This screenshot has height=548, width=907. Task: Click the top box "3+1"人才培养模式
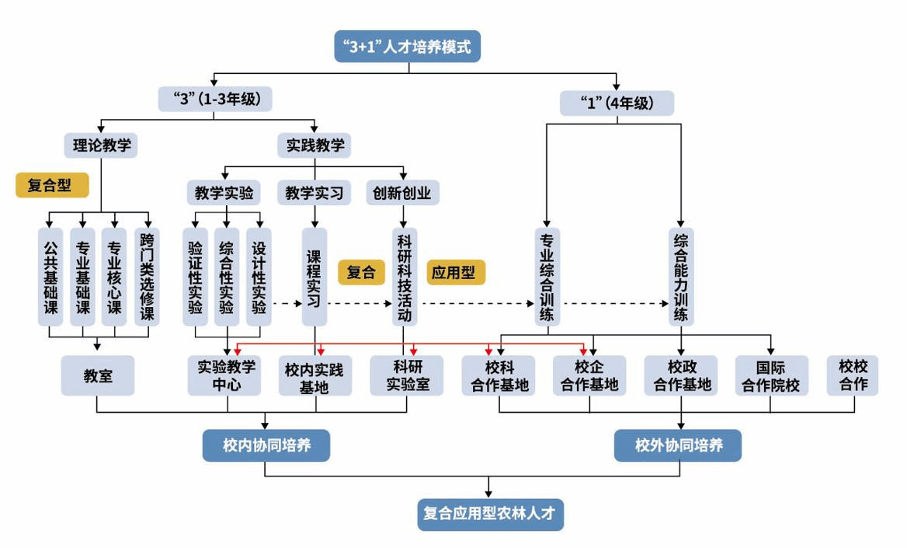coord(407,47)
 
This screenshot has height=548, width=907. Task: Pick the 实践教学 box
coord(314,145)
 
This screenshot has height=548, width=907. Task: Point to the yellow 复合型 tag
coord(52,185)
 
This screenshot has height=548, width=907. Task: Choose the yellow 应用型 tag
coord(456,272)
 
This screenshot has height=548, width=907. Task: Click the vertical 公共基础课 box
coord(50,277)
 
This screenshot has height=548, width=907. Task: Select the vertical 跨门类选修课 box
coord(147,277)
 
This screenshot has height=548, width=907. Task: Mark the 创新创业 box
coord(403,192)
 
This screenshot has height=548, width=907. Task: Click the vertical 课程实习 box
coord(314,277)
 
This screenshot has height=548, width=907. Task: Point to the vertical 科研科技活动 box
coord(405,277)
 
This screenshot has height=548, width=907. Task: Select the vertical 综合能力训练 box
coord(681,277)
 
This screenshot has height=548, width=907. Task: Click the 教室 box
coord(98,376)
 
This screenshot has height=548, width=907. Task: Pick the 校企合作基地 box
coord(589,375)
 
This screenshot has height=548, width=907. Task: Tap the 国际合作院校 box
coord(771,375)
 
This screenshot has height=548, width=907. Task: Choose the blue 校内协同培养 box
coord(266,446)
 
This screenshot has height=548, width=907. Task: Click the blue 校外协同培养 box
coord(678,446)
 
